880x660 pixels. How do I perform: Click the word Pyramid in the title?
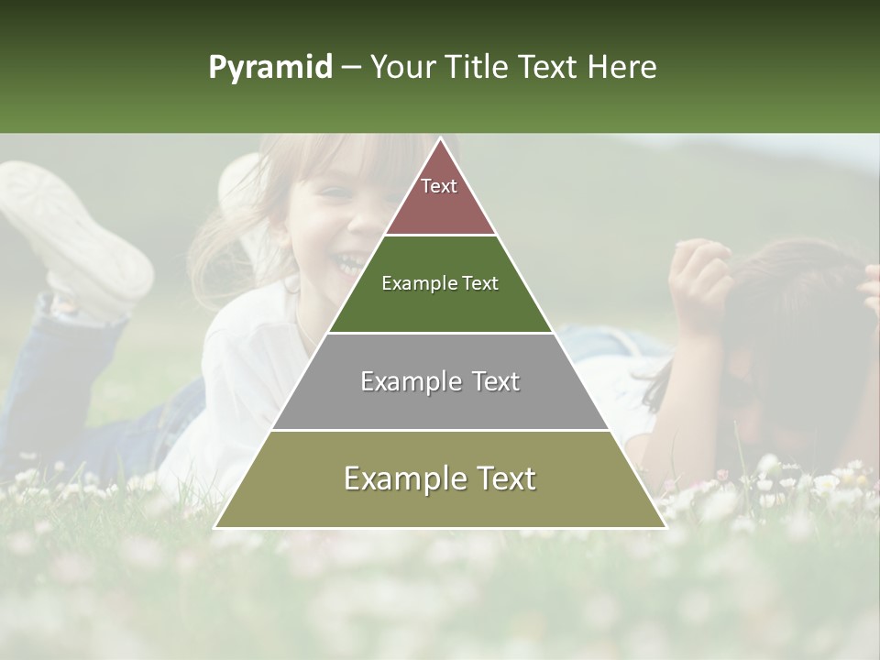click(x=270, y=68)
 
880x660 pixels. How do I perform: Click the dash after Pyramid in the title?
click(x=351, y=68)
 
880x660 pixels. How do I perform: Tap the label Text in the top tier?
click(x=439, y=186)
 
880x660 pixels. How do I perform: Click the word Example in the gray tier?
click(x=400, y=381)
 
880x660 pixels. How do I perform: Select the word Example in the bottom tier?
click(x=390, y=478)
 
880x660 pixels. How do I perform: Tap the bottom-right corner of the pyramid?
click(x=665, y=527)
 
